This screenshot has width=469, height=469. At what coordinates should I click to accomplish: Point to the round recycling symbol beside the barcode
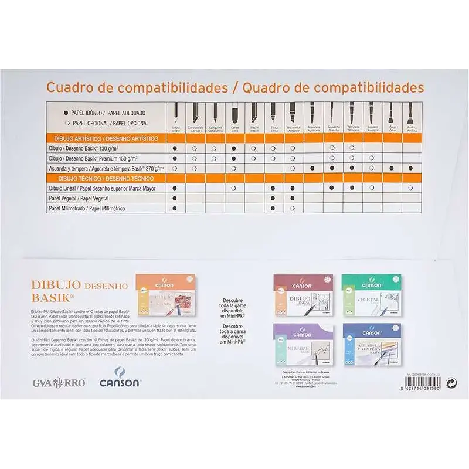[451, 382]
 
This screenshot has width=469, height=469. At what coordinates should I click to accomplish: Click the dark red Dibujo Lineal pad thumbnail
[303, 294]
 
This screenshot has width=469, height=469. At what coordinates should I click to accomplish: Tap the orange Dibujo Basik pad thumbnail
[166, 295]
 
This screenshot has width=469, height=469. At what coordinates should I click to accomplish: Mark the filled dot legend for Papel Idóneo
[66, 112]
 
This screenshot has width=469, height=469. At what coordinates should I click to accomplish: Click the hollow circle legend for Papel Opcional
[66, 123]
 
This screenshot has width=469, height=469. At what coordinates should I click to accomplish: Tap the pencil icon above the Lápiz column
[175, 113]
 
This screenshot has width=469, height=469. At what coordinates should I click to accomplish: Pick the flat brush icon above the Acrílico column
[410, 113]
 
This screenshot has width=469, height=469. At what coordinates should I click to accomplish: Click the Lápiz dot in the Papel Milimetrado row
[175, 208]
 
